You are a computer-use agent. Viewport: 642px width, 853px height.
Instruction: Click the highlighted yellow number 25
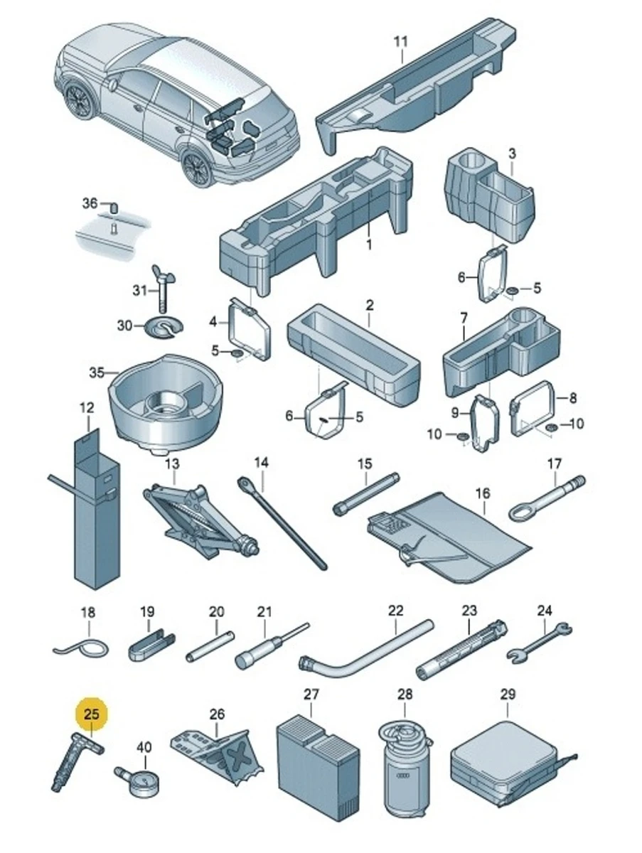[x=92, y=714]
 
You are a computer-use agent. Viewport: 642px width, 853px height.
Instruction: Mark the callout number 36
[x=90, y=204]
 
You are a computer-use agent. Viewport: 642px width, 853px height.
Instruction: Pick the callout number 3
[x=512, y=153]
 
